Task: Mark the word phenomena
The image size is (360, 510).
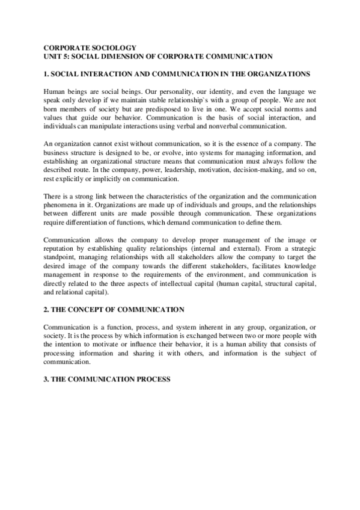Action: (x=64, y=204)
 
